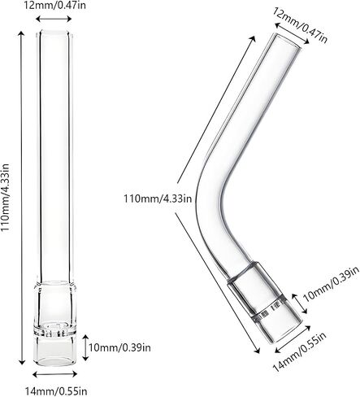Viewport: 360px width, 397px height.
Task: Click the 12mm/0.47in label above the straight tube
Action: click(54, 5)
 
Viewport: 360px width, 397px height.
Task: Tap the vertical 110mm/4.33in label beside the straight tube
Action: click(6, 197)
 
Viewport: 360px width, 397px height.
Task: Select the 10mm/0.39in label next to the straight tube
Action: click(119, 347)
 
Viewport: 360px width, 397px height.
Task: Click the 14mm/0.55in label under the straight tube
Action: click(56, 390)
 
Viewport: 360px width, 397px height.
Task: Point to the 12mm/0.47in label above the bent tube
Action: click(300, 25)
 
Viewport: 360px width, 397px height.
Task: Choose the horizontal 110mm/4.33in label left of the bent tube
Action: click(158, 198)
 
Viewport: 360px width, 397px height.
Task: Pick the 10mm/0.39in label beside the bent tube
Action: click(330, 283)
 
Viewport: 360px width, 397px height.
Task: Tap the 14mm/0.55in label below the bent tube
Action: click(299, 352)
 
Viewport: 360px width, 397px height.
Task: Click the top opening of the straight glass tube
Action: click(54, 33)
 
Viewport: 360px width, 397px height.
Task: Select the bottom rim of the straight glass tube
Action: click(55, 362)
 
